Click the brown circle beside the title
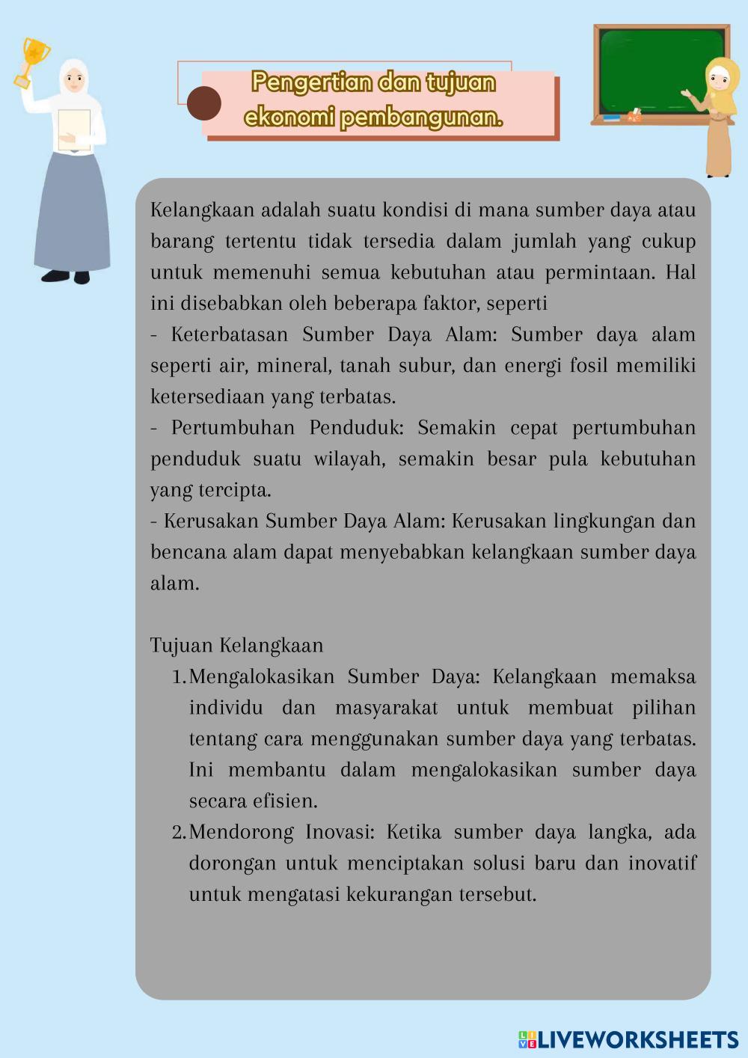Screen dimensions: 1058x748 (203, 103)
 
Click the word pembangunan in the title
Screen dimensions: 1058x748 (421, 118)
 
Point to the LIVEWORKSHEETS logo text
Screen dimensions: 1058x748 (637, 1039)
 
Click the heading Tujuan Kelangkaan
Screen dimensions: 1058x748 (236, 646)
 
